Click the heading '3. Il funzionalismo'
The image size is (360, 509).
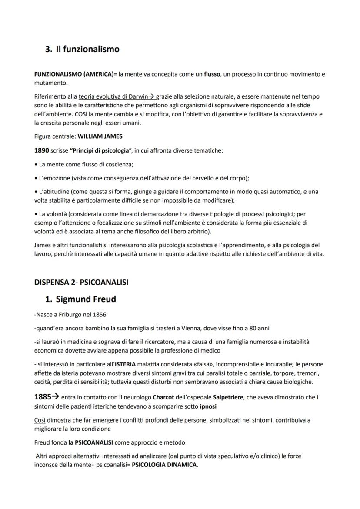82,49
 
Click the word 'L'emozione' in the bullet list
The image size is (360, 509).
54,178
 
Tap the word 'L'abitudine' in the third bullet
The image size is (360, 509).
55,192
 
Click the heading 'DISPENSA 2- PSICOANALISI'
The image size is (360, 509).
81,282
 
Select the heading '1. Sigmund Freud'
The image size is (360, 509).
80,299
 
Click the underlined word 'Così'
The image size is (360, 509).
39,420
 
